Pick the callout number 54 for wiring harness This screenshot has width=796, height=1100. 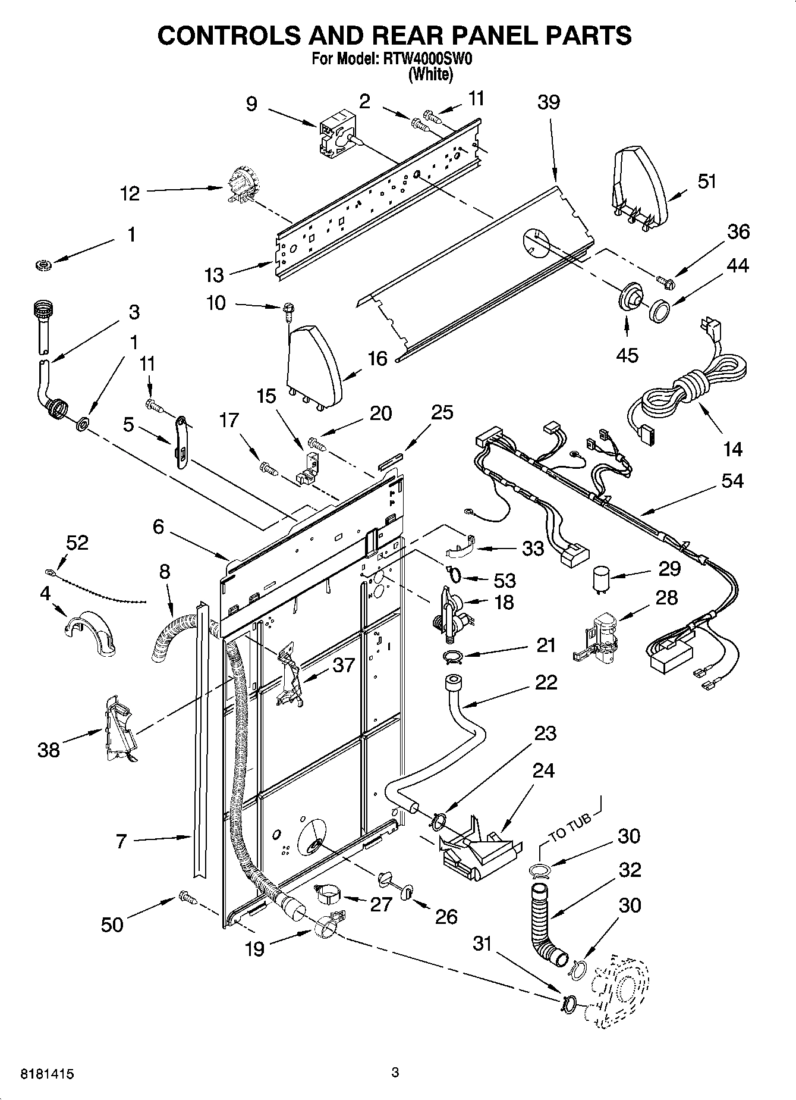(732, 480)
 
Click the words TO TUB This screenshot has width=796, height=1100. (569, 827)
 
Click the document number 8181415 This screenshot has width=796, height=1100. (48, 1074)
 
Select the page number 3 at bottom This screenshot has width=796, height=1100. (395, 1073)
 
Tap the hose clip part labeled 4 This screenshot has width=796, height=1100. (90, 632)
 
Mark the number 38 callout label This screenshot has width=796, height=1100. (49, 749)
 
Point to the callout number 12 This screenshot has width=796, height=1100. (130, 193)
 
